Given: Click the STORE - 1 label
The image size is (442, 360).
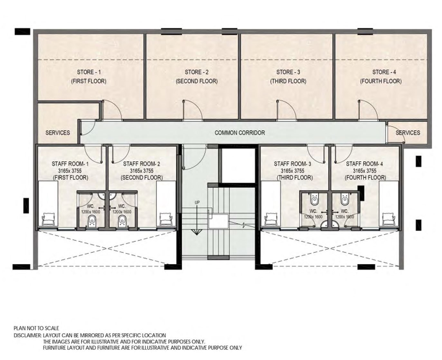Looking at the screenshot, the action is click(89, 72).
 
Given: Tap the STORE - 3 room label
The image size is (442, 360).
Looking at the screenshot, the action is click(288, 72).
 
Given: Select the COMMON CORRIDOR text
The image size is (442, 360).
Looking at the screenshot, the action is click(240, 133).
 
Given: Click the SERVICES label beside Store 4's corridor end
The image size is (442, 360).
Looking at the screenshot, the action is click(408, 133).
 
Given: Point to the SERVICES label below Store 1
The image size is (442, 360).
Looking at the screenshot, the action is click(58, 133).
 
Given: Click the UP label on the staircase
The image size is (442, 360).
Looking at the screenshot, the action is click(197, 203).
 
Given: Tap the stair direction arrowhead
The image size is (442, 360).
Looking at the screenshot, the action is click(197, 232).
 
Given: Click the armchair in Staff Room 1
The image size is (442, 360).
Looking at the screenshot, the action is click(49, 219).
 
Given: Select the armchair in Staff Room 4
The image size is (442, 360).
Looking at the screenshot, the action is click(389, 219).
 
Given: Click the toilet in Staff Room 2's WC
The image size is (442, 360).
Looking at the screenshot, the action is click(122, 222).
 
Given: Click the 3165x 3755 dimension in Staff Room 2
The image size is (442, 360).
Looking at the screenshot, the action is click(142, 171).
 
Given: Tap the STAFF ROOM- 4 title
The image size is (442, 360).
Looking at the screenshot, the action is click(364, 164).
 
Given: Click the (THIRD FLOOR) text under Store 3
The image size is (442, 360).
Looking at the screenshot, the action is click(288, 81).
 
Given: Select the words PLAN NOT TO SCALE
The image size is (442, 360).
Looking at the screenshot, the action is click(36, 328).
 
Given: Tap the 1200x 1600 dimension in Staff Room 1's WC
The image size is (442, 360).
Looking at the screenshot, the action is click(90, 212).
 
